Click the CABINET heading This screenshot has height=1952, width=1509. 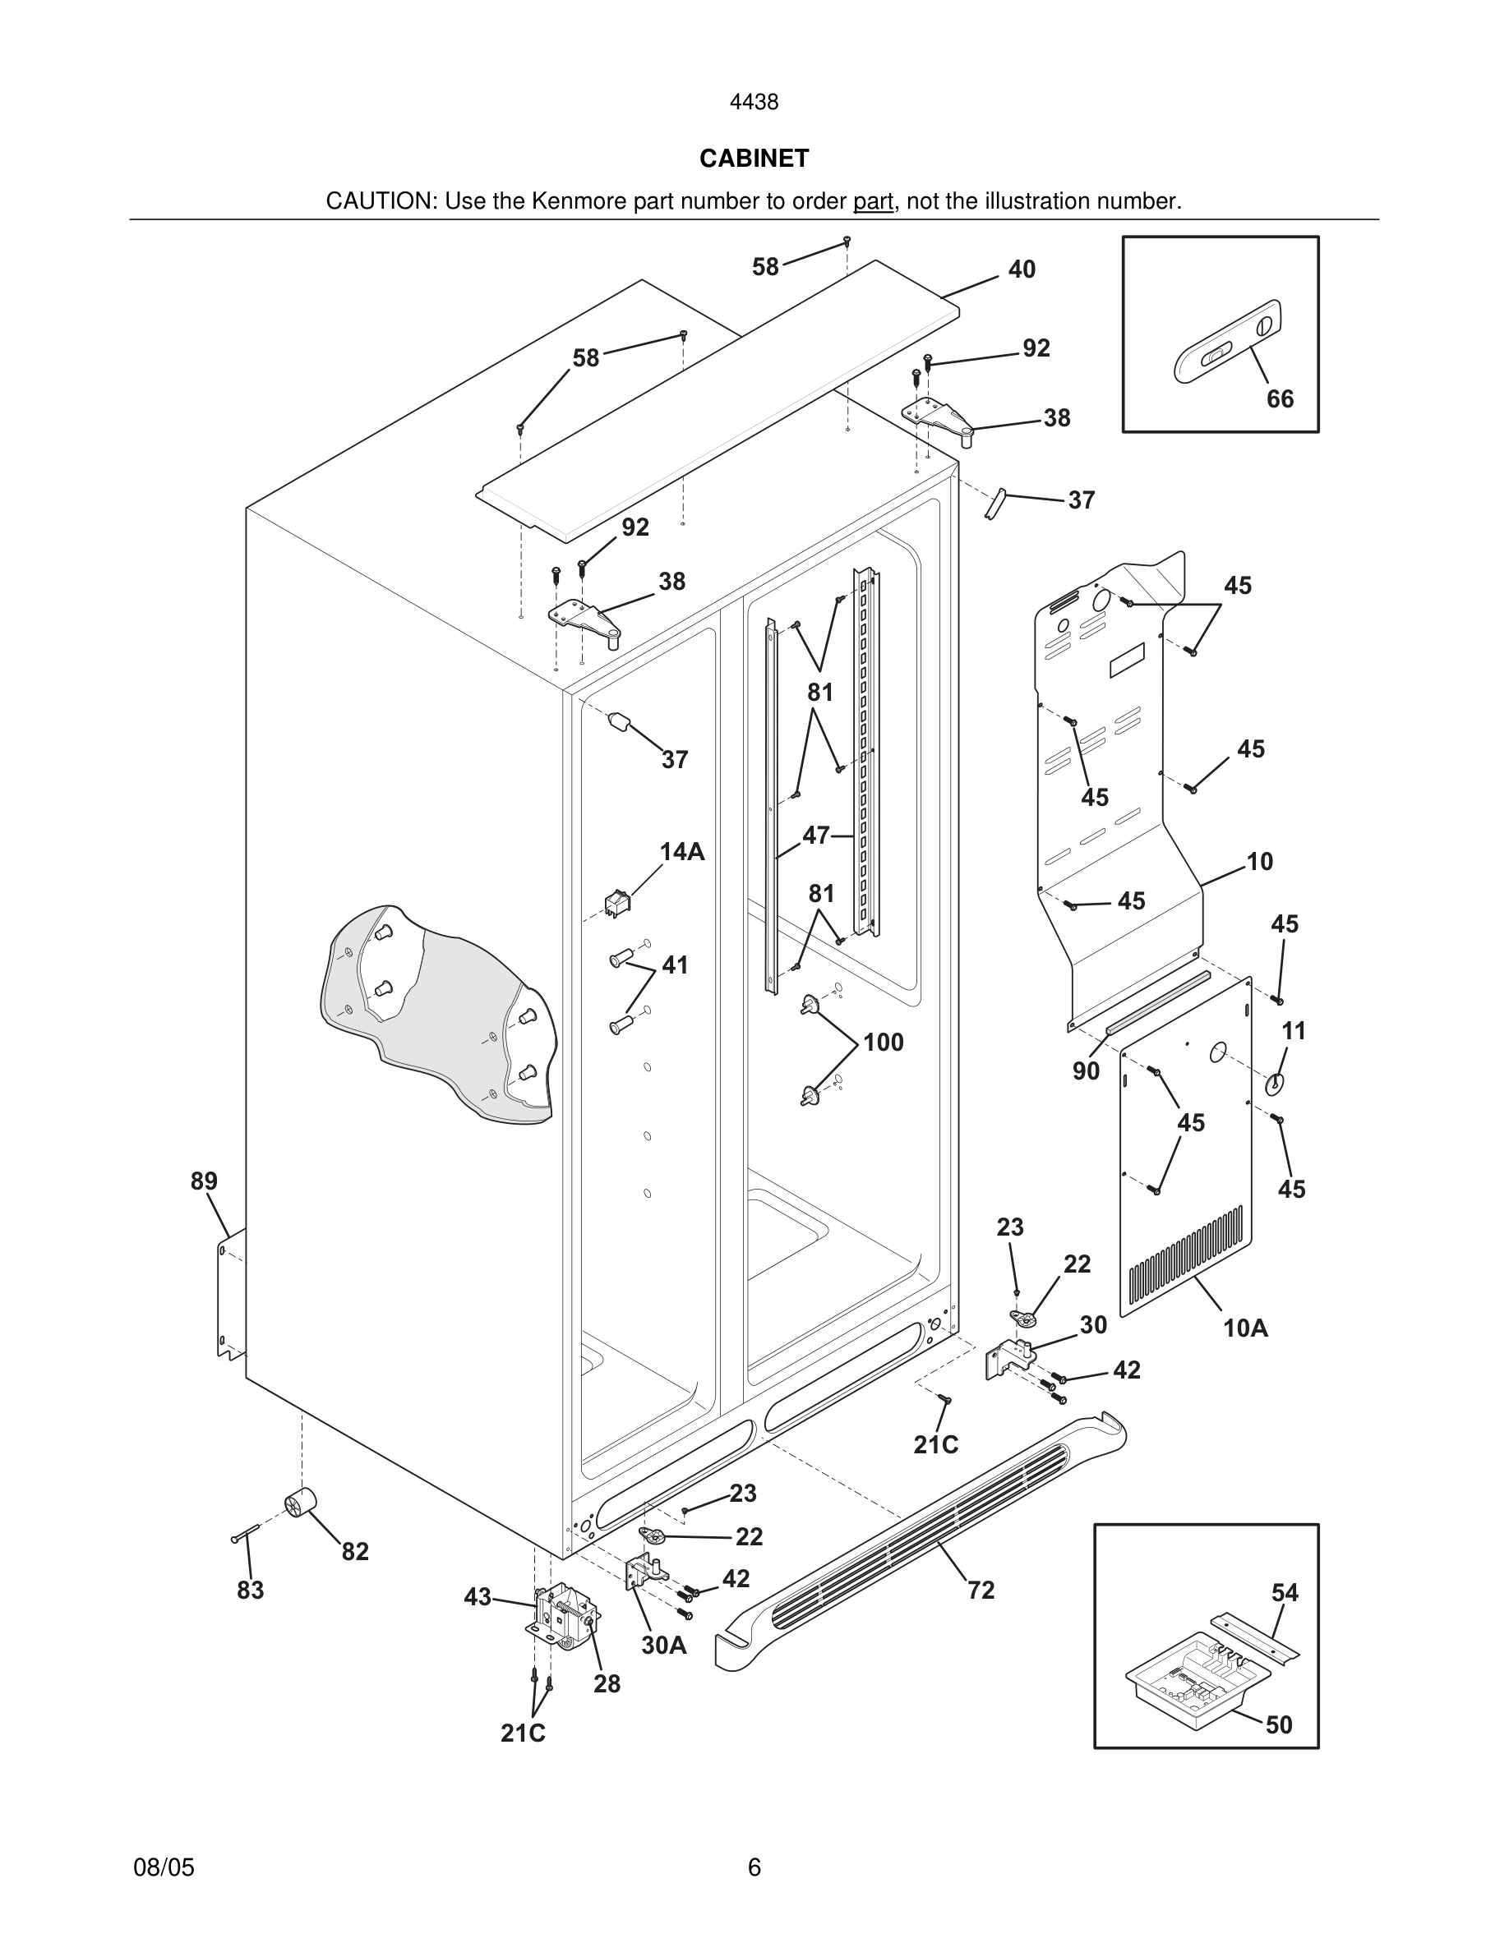754,159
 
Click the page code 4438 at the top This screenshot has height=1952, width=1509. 754,103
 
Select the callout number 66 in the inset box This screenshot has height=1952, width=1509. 1279,398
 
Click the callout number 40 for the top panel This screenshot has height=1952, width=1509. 1021,269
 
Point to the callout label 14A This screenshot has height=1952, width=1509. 682,852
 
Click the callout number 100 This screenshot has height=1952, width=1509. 883,1043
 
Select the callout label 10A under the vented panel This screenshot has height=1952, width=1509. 1245,1328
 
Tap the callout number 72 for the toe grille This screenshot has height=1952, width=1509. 981,1590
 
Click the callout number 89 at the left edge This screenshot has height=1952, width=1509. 204,1181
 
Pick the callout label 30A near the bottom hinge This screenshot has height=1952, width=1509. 663,1645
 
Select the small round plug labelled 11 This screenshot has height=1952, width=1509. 1274,1084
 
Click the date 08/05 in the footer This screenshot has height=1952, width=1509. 164,1867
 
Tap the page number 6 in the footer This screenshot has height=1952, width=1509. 754,1867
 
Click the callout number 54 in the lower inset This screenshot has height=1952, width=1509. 1285,1592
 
